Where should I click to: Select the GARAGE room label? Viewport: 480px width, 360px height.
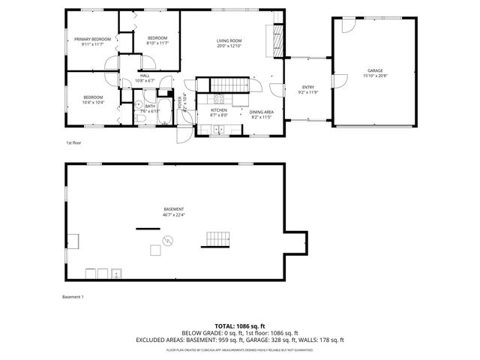point(375,70)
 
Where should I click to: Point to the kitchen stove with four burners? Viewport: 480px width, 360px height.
point(219,98)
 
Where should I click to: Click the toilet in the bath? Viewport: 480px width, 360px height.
point(140,118)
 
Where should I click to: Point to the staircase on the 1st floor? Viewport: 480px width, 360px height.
point(227,84)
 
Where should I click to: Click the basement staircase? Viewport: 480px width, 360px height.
point(215,238)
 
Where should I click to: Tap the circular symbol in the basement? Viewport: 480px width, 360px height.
point(167,240)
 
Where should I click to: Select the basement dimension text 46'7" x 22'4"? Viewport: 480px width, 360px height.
point(173,215)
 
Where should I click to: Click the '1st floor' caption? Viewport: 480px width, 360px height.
point(73,142)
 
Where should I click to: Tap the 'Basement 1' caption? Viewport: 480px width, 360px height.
point(73,297)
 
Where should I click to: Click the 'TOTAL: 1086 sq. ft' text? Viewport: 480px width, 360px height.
point(239,326)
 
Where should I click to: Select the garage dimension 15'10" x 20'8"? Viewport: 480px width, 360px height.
point(375,75)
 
